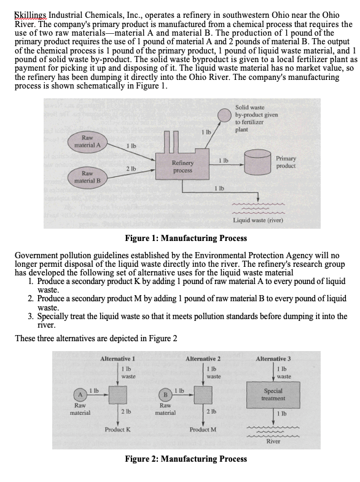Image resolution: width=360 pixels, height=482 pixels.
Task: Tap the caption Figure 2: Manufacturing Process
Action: [186, 459]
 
